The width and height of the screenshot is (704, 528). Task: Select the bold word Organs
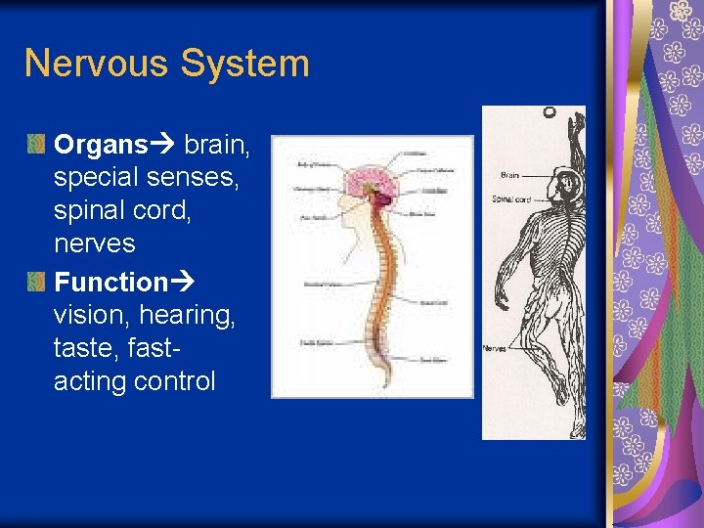click(100, 146)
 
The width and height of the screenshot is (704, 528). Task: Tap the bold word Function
click(111, 283)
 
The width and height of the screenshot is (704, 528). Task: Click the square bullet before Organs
click(36, 145)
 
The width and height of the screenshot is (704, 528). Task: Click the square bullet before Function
click(36, 282)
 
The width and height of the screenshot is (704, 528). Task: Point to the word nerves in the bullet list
click(95, 242)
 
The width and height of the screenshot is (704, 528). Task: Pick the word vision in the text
click(93, 315)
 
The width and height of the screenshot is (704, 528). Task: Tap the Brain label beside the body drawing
click(509, 175)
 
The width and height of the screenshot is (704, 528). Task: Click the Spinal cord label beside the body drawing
click(511, 199)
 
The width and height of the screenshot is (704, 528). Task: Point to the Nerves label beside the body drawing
click(494, 348)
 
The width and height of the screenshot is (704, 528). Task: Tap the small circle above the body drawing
click(549, 113)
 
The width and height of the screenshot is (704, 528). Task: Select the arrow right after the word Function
click(183, 283)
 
